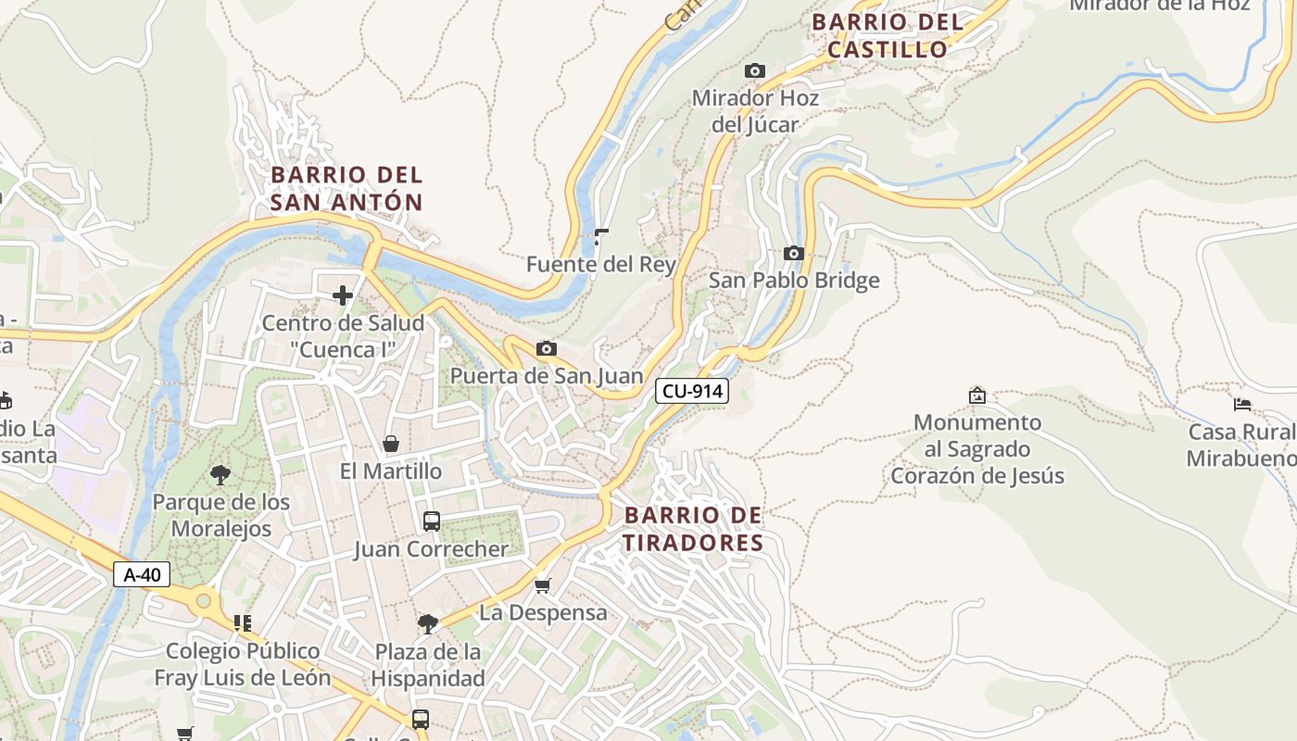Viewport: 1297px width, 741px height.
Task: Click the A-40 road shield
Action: [x=142, y=574]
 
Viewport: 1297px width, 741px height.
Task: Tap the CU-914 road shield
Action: [x=692, y=391]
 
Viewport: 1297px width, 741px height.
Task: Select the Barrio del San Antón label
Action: [x=346, y=188]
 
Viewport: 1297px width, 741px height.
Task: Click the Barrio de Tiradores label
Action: [x=693, y=529]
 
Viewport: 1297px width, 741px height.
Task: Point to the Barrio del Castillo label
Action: [x=887, y=35]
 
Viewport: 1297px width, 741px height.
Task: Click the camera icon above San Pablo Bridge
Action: [x=793, y=253]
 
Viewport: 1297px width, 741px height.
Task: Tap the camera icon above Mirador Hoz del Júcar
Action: [x=755, y=70]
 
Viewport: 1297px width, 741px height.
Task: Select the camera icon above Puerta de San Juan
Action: [x=547, y=348]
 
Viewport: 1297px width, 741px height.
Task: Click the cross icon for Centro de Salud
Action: [x=343, y=295]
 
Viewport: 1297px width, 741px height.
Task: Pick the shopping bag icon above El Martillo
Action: [x=391, y=444]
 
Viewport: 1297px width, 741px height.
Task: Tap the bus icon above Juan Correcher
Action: [x=432, y=521]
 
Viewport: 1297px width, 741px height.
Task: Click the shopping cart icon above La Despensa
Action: [x=543, y=585]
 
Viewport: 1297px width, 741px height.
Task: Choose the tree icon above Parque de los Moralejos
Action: [x=220, y=475]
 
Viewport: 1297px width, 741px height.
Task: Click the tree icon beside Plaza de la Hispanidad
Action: [x=427, y=623]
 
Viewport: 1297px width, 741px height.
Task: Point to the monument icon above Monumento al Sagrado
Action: [x=976, y=396]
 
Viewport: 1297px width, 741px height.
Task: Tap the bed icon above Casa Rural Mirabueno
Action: [x=1242, y=404]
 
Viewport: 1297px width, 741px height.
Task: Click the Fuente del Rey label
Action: [x=600, y=264]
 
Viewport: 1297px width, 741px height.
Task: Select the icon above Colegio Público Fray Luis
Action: [x=243, y=622]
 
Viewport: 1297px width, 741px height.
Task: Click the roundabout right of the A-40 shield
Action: [x=203, y=602]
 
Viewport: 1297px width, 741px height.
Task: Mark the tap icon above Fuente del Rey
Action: [x=600, y=237]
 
